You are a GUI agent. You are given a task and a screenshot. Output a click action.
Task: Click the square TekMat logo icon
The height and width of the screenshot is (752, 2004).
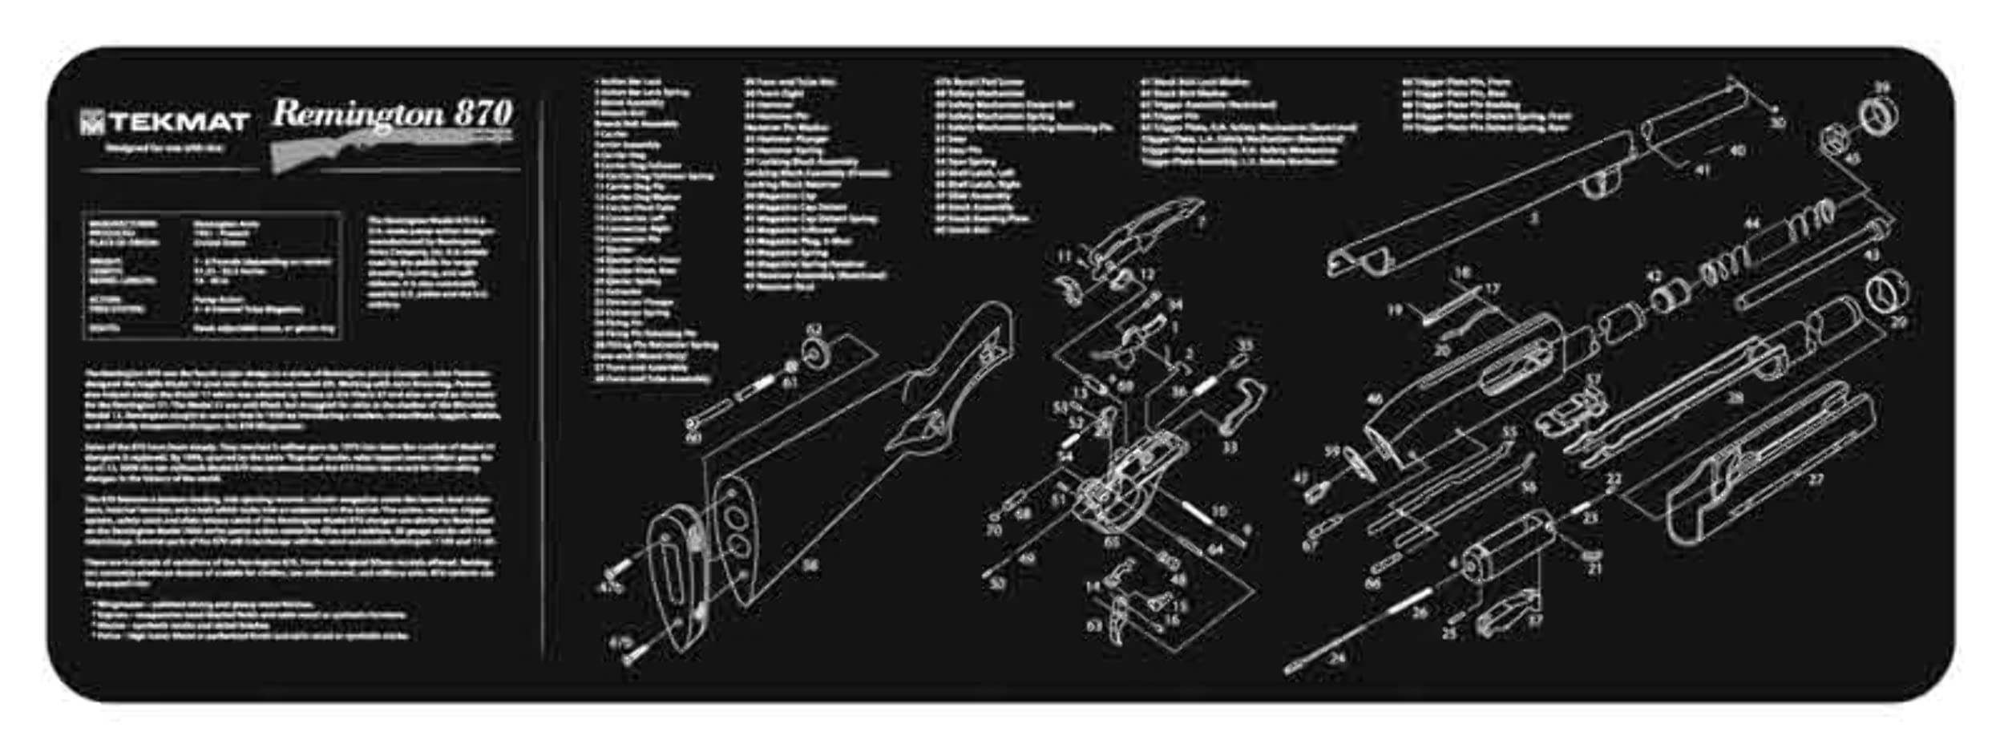92,123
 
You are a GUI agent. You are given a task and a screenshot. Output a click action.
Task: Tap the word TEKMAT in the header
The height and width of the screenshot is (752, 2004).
180,123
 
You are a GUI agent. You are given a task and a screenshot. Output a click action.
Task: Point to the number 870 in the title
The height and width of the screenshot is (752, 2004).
483,113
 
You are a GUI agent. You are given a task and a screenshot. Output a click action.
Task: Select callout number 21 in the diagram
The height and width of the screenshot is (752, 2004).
1595,568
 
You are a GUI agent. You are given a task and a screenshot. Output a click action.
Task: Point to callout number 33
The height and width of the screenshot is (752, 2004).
1230,446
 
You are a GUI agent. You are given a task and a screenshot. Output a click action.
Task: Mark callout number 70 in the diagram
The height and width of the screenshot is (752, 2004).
994,530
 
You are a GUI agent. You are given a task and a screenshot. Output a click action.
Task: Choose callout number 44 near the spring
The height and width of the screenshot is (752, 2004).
1752,224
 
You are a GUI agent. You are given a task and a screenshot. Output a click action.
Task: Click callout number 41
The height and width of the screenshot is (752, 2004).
1703,170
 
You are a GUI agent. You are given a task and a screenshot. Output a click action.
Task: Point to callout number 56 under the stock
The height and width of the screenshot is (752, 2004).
810,566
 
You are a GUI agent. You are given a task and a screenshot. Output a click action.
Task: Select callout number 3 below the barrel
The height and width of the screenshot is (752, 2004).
1533,217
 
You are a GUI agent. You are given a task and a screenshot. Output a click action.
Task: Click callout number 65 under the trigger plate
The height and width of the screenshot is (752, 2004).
1112,542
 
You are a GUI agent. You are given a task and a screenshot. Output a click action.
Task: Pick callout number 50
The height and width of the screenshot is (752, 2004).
997,584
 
